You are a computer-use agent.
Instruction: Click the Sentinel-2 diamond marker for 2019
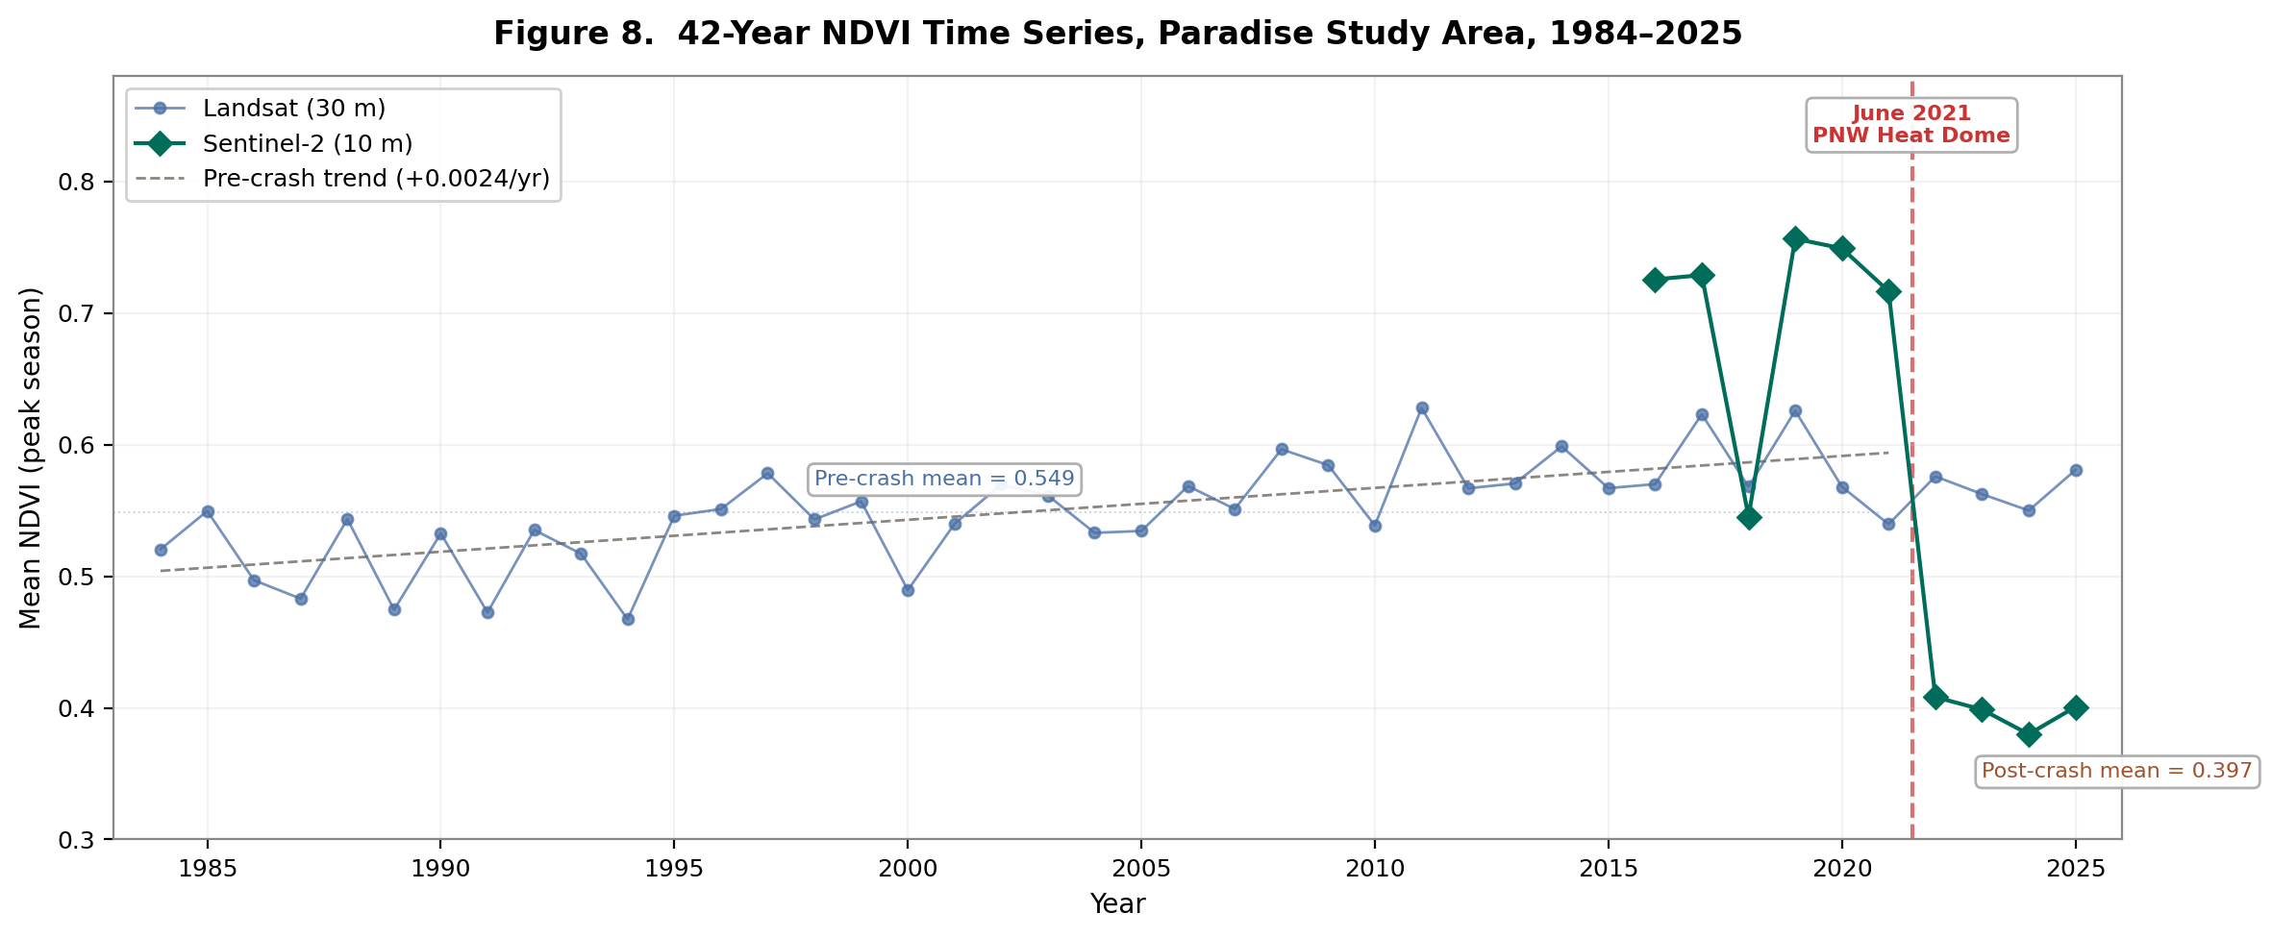[1795, 239]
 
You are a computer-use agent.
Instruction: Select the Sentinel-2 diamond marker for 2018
[1749, 518]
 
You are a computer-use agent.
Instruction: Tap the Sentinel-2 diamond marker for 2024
[2029, 734]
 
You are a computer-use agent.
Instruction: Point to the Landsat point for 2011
[1422, 408]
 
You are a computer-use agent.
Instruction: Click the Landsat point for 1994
[628, 619]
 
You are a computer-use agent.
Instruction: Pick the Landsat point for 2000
[908, 590]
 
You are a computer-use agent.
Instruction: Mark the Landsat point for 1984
[161, 550]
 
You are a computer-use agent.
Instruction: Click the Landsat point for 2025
[2076, 470]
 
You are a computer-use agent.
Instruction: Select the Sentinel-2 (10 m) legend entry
[308, 144]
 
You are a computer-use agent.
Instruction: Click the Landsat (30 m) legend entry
[294, 109]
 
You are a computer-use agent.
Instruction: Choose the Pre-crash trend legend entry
[376, 180]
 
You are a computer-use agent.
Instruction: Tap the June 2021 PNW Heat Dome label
[1911, 125]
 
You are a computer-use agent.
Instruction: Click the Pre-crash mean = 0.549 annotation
[944, 479]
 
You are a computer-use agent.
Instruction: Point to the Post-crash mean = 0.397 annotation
[2117, 771]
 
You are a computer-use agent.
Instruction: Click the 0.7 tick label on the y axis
[83, 314]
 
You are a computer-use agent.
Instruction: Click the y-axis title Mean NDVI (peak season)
[31, 457]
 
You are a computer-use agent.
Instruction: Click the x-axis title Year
[1117, 904]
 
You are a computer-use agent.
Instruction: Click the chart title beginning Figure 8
[1117, 34]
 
